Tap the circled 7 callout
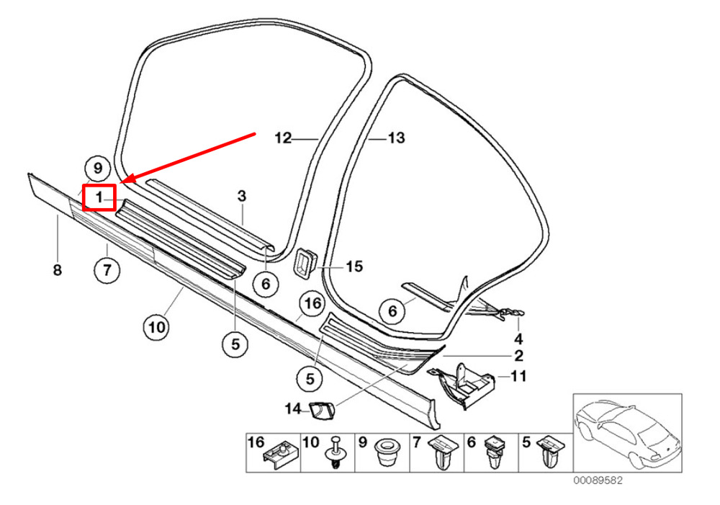pos(107,272)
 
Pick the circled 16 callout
pos(312,305)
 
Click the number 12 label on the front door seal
pos(284,138)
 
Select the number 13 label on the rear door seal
pos(397,138)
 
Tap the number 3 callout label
pos(242,196)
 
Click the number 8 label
pos(58,270)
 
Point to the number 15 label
pos(354,267)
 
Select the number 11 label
pos(518,376)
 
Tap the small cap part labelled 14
pos(320,411)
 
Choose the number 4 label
pos(518,339)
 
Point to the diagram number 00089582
pos(598,480)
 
